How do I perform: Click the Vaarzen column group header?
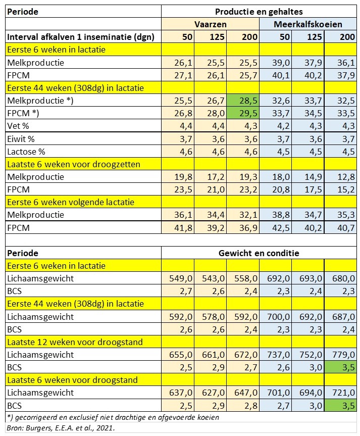coord(210,24)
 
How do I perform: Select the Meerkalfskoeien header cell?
coord(308,24)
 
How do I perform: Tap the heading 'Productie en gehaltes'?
coord(259,11)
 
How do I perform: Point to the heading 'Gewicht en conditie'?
coord(259,253)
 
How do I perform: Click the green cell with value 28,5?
coord(243,101)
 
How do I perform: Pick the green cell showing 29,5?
coord(243,113)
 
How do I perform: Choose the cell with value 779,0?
coord(340,355)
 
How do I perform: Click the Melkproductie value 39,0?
coord(276,63)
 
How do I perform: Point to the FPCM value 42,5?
coord(276,228)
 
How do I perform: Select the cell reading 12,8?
coord(340,177)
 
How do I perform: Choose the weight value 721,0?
coord(340,393)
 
